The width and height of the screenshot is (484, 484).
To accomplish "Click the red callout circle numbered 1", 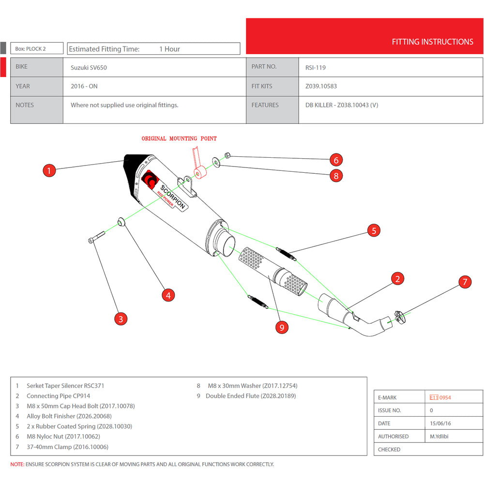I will click(49, 170).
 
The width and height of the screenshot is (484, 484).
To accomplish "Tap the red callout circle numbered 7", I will click(465, 282).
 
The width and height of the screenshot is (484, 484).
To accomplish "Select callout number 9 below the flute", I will click(282, 327).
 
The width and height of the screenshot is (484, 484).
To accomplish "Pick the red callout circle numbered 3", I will click(121, 318).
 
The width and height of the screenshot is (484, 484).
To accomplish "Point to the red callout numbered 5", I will click(374, 230).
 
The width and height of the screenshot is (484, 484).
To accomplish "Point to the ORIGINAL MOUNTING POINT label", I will click(179, 139).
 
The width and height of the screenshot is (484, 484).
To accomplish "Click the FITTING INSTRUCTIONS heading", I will click(432, 42).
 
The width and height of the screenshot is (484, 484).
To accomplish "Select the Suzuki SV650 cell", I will click(89, 68).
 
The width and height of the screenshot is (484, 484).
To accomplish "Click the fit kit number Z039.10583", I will click(321, 86).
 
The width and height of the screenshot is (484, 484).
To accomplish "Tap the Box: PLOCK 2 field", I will click(37, 48).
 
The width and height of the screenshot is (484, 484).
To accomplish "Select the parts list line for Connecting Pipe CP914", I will click(59, 396).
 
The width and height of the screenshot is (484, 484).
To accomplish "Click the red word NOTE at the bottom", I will click(17, 464).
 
